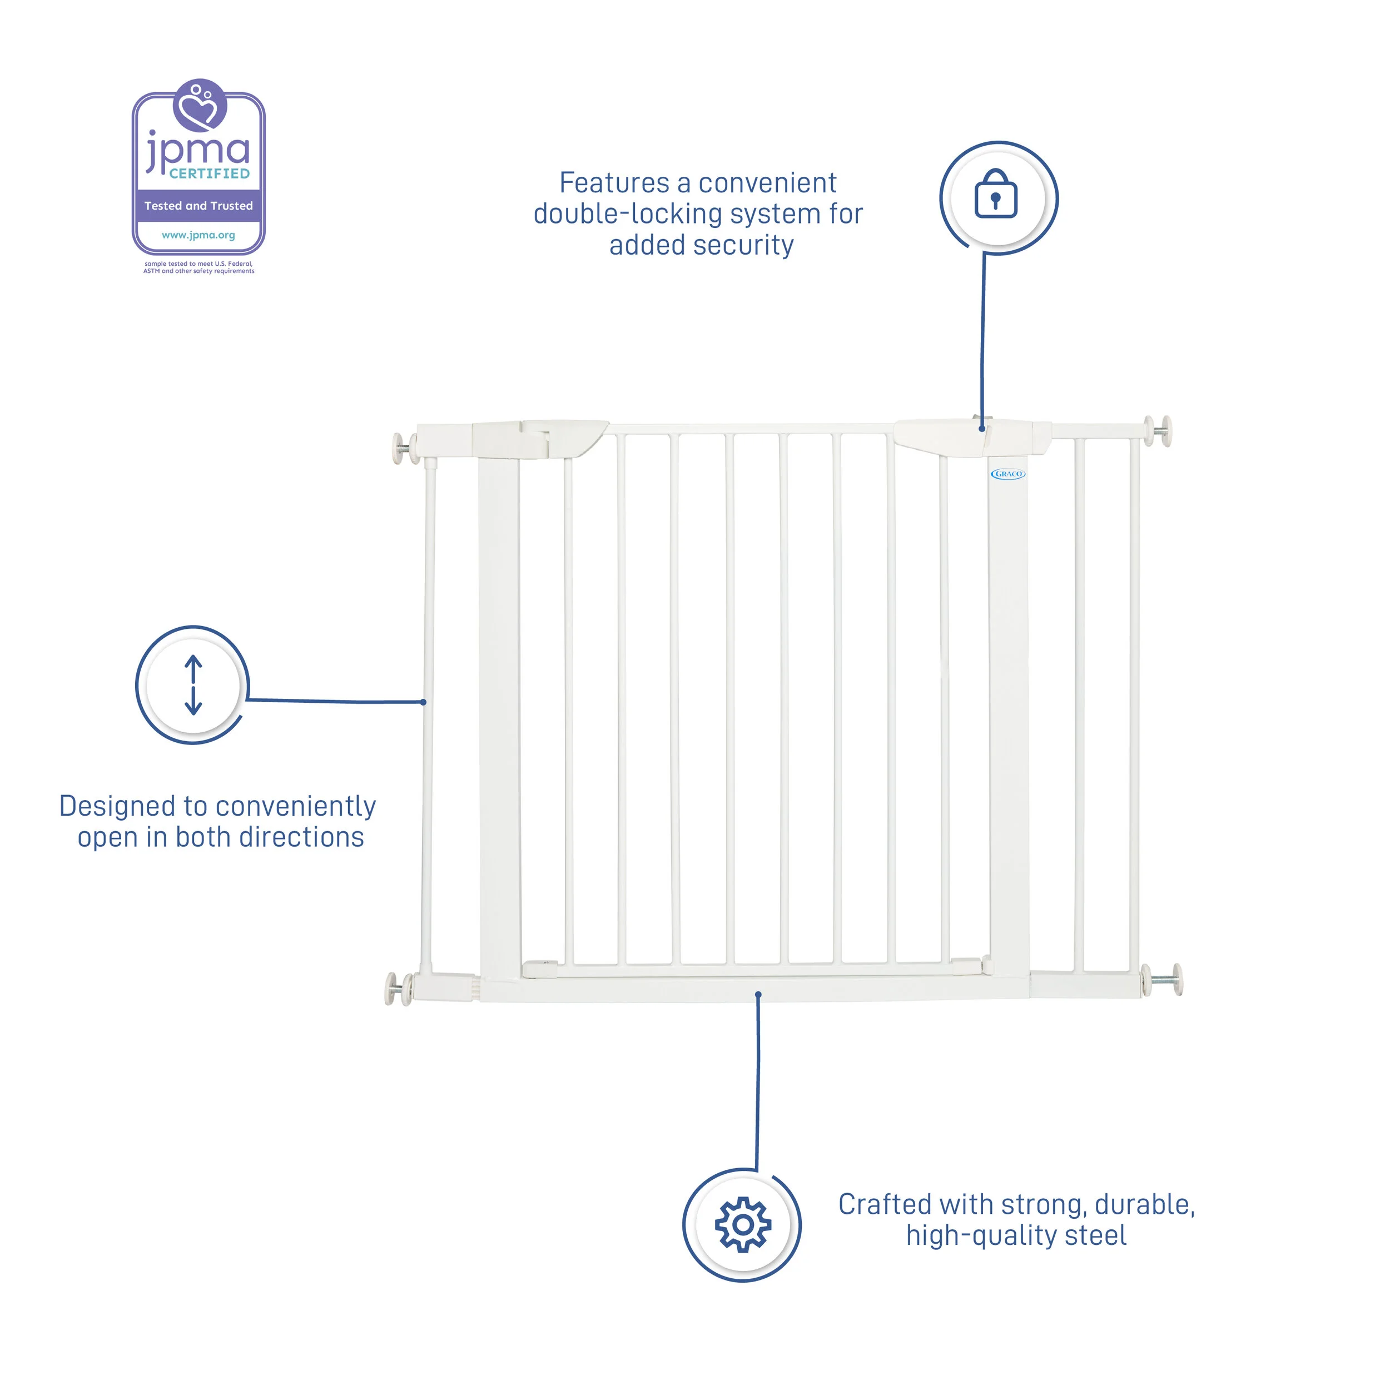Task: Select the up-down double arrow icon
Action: (x=193, y=684)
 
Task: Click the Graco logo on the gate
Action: (x=1007, y=474)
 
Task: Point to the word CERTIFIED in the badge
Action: (x=210, y=173)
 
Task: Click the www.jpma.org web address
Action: (x=198, y=235)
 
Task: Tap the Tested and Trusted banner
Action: (x=198, y=206)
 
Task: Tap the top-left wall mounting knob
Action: (x=402, y=448)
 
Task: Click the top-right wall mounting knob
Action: (x=1161, y=431)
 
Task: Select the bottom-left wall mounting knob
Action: (x=396, y=989)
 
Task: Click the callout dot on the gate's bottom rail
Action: (x=758, y=995)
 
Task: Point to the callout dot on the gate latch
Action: (x=982, y=429)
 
